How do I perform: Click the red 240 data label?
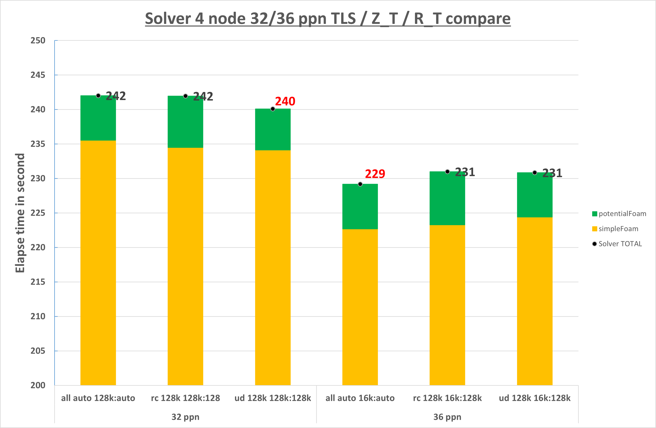click(285, 101)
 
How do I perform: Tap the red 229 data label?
click(375, 174)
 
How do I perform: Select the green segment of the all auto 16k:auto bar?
click(360, 206)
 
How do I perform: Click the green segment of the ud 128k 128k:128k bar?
click(273, 129)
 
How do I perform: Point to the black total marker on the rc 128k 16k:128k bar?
click(447, 172)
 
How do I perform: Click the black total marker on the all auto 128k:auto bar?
click(98, 96)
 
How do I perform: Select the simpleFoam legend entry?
click(615, 229)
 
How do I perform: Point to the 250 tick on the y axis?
click(38, 41)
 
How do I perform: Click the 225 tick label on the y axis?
click(38, 213)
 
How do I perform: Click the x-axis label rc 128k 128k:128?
click(185, 398)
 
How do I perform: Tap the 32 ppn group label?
click(185, 417)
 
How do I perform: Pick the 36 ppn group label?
click(447, 417)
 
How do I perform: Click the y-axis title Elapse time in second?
click(20, 213)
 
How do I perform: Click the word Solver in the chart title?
click(168, 19)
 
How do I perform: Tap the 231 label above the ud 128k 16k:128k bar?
click(552, 173)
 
